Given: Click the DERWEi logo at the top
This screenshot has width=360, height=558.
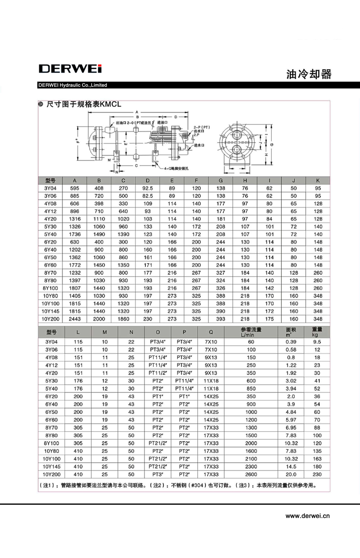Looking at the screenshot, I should [70, 69].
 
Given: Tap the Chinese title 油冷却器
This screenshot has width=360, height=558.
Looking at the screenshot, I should [308, 74].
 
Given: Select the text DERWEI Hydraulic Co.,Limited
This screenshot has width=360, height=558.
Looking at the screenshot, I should [72, 85].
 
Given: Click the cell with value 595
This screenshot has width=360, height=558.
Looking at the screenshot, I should [74, 188].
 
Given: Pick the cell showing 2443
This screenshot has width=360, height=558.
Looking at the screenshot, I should [74, 319].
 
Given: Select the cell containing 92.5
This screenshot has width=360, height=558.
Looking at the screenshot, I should [147, 188].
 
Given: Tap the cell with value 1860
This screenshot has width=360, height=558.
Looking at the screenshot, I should [123, 319].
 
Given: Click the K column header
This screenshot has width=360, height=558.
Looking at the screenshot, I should [318, 181].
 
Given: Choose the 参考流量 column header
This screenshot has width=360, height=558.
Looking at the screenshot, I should [252, 332].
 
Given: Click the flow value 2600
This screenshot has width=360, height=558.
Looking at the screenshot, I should [252, 474].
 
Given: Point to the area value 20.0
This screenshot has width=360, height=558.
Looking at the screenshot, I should [291, 474].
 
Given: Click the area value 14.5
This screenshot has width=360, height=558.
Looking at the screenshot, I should [291, 466].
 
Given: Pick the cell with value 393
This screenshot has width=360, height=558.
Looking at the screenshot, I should [221, 319].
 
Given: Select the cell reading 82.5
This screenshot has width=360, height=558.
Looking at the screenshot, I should [147, 196].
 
